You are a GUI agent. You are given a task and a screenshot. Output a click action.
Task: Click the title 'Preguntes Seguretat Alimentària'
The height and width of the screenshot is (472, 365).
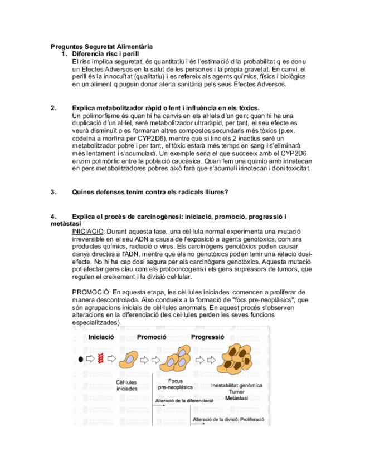(101, 46)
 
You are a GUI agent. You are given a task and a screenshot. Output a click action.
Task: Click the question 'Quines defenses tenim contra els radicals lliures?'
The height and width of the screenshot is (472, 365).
(150, 193)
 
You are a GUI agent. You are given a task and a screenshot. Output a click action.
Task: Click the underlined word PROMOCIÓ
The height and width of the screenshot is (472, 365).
(91, 292)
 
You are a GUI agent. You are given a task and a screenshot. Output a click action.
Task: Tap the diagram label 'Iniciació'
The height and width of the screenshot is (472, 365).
(101, 337)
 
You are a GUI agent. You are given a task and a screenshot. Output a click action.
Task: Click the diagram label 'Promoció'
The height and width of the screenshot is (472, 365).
(153, 337)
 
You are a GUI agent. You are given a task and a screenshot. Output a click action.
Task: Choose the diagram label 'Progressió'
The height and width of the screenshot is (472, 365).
(208, 337)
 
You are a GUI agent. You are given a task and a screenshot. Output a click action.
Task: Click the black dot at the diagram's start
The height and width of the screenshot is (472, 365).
(81, 359)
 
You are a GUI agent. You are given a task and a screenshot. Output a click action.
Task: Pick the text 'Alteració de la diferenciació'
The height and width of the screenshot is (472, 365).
(184, 400)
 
